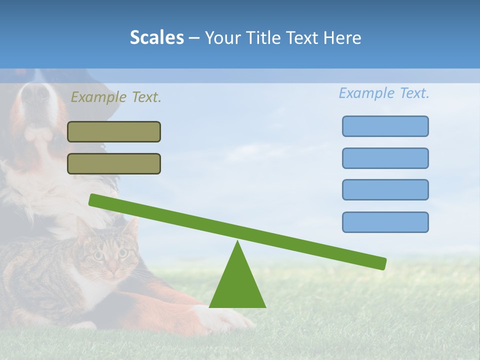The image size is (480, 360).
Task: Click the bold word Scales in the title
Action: [x=156, y=37]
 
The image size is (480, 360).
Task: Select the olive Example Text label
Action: [x=116, y=97]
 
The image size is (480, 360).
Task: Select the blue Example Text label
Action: [x=384, y=93]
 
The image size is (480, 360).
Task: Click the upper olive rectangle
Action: [x=114, y=131]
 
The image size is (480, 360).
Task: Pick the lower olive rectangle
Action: [x=114, y=163]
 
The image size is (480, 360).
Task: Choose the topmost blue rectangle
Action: [x=385, y=126]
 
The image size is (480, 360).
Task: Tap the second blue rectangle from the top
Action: [x=385, y=158]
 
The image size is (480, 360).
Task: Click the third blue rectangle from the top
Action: [x=385, y=189]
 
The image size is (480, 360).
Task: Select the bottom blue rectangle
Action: [x=385, y=222]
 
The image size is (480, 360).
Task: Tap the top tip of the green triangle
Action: [x=237, y=242]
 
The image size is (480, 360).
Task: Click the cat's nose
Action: [x=113, y=270]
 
